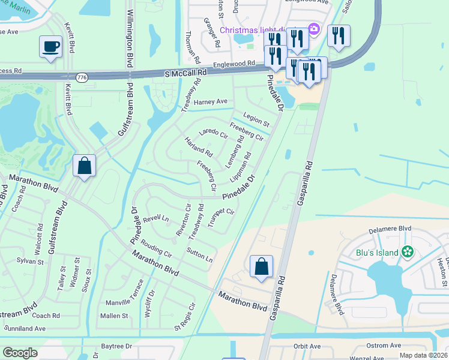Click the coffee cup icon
click(x=50, y=46)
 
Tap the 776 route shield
click(x=82, y=77)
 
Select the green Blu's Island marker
click(x=408, y=252)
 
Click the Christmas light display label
click(x=253, y=30)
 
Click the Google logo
click(x=19, y=353)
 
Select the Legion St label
click(x=256, y=119)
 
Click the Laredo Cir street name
click(x=214, y=133)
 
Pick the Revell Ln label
click(x=155, y=218)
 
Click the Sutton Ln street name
click(x=199, y=255)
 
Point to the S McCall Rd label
click(x=185, y=72)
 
